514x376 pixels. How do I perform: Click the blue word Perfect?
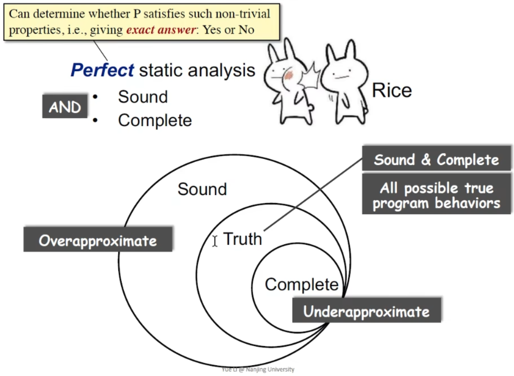[102, 70]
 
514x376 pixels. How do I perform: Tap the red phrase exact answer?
[161, 30]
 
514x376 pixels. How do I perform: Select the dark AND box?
[65, 106]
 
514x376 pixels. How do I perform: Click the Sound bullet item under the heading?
[143, 97]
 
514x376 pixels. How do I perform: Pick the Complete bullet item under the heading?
[155, 120]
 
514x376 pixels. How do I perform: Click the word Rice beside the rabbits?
[392, 90]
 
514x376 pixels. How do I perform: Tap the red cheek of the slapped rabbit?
[288, 75]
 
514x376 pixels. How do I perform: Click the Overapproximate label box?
[98, 239]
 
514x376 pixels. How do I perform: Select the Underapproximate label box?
[367, 311]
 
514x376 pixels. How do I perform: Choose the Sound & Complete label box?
[436, 158]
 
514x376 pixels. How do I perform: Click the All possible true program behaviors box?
[436, 194]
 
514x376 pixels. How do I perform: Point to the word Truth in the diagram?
[242, 239]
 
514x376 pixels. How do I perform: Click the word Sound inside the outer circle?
[202, 189]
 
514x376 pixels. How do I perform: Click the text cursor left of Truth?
[214, 241]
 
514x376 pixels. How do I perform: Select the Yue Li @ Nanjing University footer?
[258, 369]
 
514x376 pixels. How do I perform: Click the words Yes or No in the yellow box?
[228, 30]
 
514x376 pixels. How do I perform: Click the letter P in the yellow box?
[137, 14]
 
